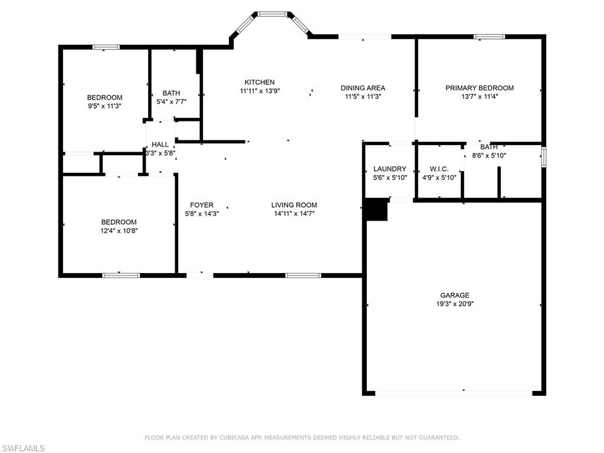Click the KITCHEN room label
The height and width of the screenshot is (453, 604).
tap(260, 82)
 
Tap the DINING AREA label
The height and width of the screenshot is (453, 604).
tap(363, 88)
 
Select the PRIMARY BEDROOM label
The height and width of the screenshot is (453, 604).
tap(479, 88)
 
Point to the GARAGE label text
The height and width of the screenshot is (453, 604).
tap(454, 296)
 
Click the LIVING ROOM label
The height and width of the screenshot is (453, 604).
tap(294, 205)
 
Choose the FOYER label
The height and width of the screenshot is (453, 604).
tap(202, 205)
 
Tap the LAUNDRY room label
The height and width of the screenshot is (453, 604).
tap(389, 169)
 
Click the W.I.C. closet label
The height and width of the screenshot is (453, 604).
tap(439, 169)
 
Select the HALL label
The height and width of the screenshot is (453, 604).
tap(160, 145)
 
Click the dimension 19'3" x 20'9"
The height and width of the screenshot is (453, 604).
tap(454, 304)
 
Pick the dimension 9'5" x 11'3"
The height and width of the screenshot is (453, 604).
tap(104, 106)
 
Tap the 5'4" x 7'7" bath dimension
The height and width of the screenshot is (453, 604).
tap(172, 101)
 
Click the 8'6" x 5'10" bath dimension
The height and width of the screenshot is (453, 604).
tap(489, 156)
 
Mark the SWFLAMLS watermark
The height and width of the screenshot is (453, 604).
tap(23, 448)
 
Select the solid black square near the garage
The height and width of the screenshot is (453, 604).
tap(376, 210)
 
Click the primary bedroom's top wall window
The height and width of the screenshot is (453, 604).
tap(490, 37)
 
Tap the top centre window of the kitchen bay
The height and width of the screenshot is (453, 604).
tap(273, 14)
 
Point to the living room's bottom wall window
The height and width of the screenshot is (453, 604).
tap(303, 275)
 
